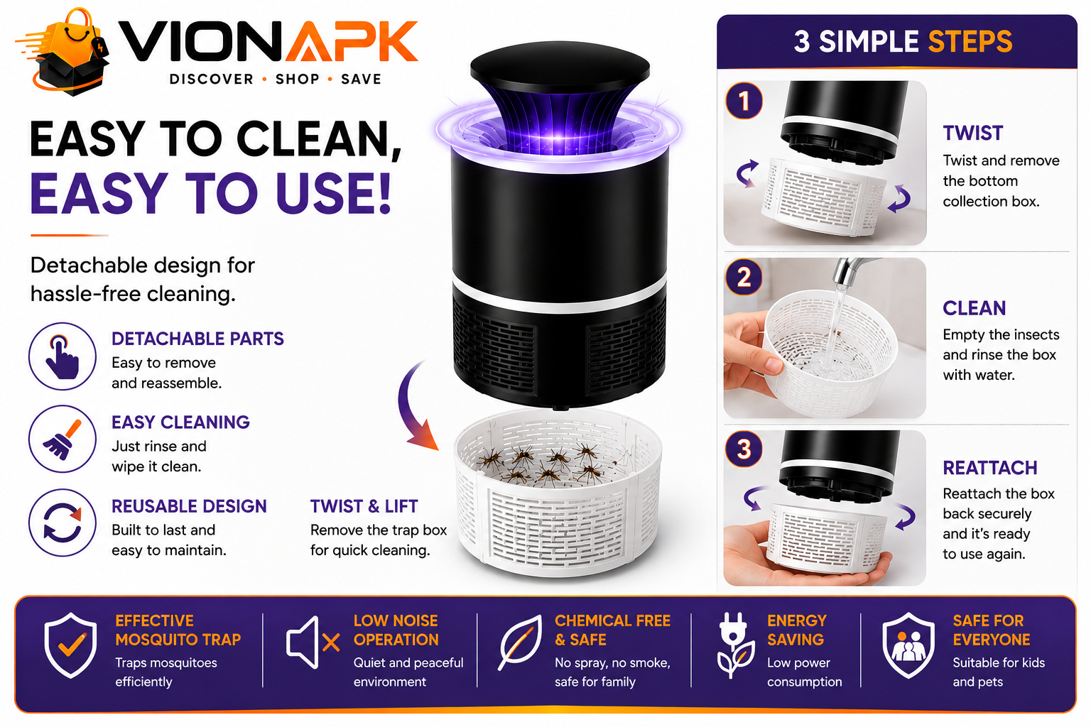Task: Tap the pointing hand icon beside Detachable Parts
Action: click(63, 356)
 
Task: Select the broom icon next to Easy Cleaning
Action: click(63, 439)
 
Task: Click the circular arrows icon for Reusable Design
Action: click(63, 523)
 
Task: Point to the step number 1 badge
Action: click(744, 102)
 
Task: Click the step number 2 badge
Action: click(744, 278)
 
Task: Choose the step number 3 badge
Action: click(744, 449)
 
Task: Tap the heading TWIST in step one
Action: click(972, 133)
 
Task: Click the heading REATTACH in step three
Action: click(989, 468)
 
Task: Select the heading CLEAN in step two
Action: click(974, 308)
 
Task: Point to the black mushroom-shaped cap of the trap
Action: click(560, 68)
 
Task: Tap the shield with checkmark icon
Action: click(70, 645)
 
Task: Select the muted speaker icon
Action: click(313, 643)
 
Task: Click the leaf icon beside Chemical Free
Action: click(520, 643)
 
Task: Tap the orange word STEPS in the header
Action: click(970, 42)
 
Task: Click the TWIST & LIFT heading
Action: click(364, 506)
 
